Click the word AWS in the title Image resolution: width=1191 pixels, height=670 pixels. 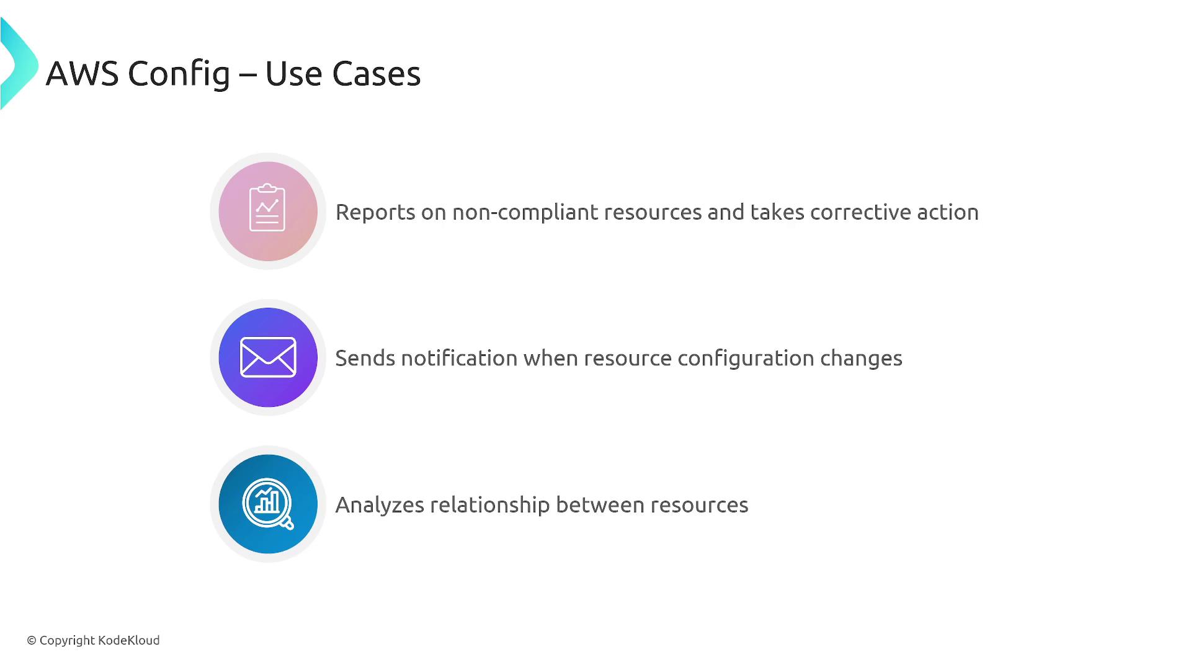[x=82, y=73]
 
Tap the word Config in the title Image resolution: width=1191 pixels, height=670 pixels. [x=179, y=74]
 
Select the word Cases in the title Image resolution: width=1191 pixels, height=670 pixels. [x=377, y=73]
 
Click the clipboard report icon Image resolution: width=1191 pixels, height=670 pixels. [x=267, y=207]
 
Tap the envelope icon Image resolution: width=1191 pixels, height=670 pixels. [x=268, y=357]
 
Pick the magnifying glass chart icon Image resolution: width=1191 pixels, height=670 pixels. [x=268, y=504]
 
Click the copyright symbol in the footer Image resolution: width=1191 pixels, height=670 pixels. [x=32, y=640]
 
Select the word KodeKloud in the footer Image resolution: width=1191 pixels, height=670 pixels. [x=129, y=640]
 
